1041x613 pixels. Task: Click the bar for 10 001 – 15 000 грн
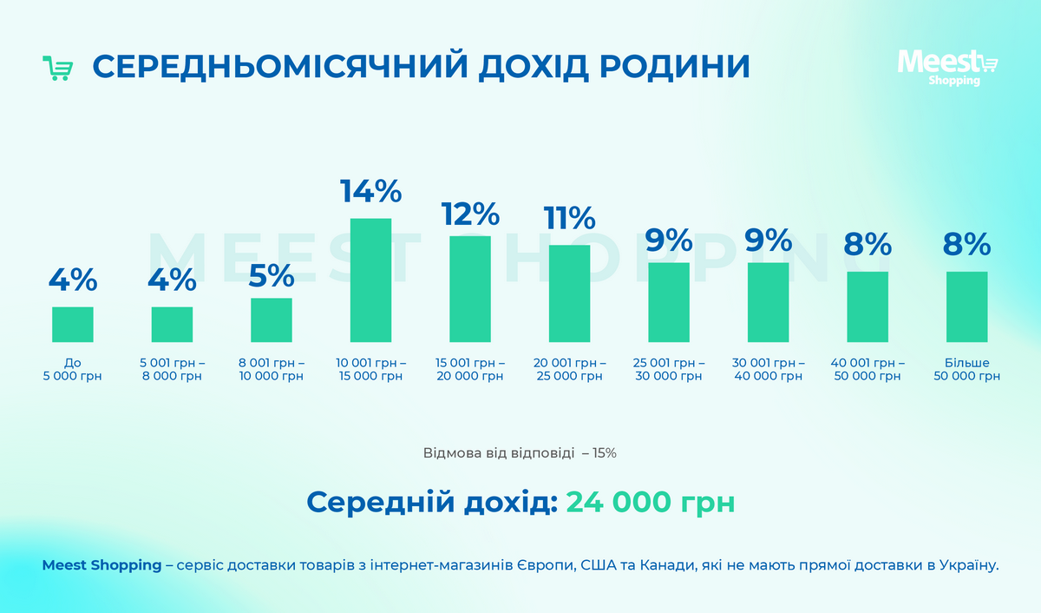tap(370, 280)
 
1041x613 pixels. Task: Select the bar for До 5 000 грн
tap(73, 324)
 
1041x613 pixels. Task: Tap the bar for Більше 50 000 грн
tap(966, 306)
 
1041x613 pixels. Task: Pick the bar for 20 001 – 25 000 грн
tap(569, 293)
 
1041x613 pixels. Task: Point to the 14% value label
tap(370, 191)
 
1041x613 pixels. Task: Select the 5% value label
tap(272, 275)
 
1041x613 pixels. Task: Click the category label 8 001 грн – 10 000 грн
tap(272, 369)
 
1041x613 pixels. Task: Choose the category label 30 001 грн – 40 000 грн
tap(768, 369)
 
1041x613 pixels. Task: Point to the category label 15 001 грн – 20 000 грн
tap(470, 369)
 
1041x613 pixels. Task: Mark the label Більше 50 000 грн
tap(966, 369)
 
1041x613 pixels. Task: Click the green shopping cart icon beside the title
tap(57, 69)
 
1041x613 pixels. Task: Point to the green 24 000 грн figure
tap(650, 502)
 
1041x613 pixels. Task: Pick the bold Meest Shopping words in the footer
tap(101, 565)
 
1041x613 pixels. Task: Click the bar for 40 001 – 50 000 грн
tap(867, 306)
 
